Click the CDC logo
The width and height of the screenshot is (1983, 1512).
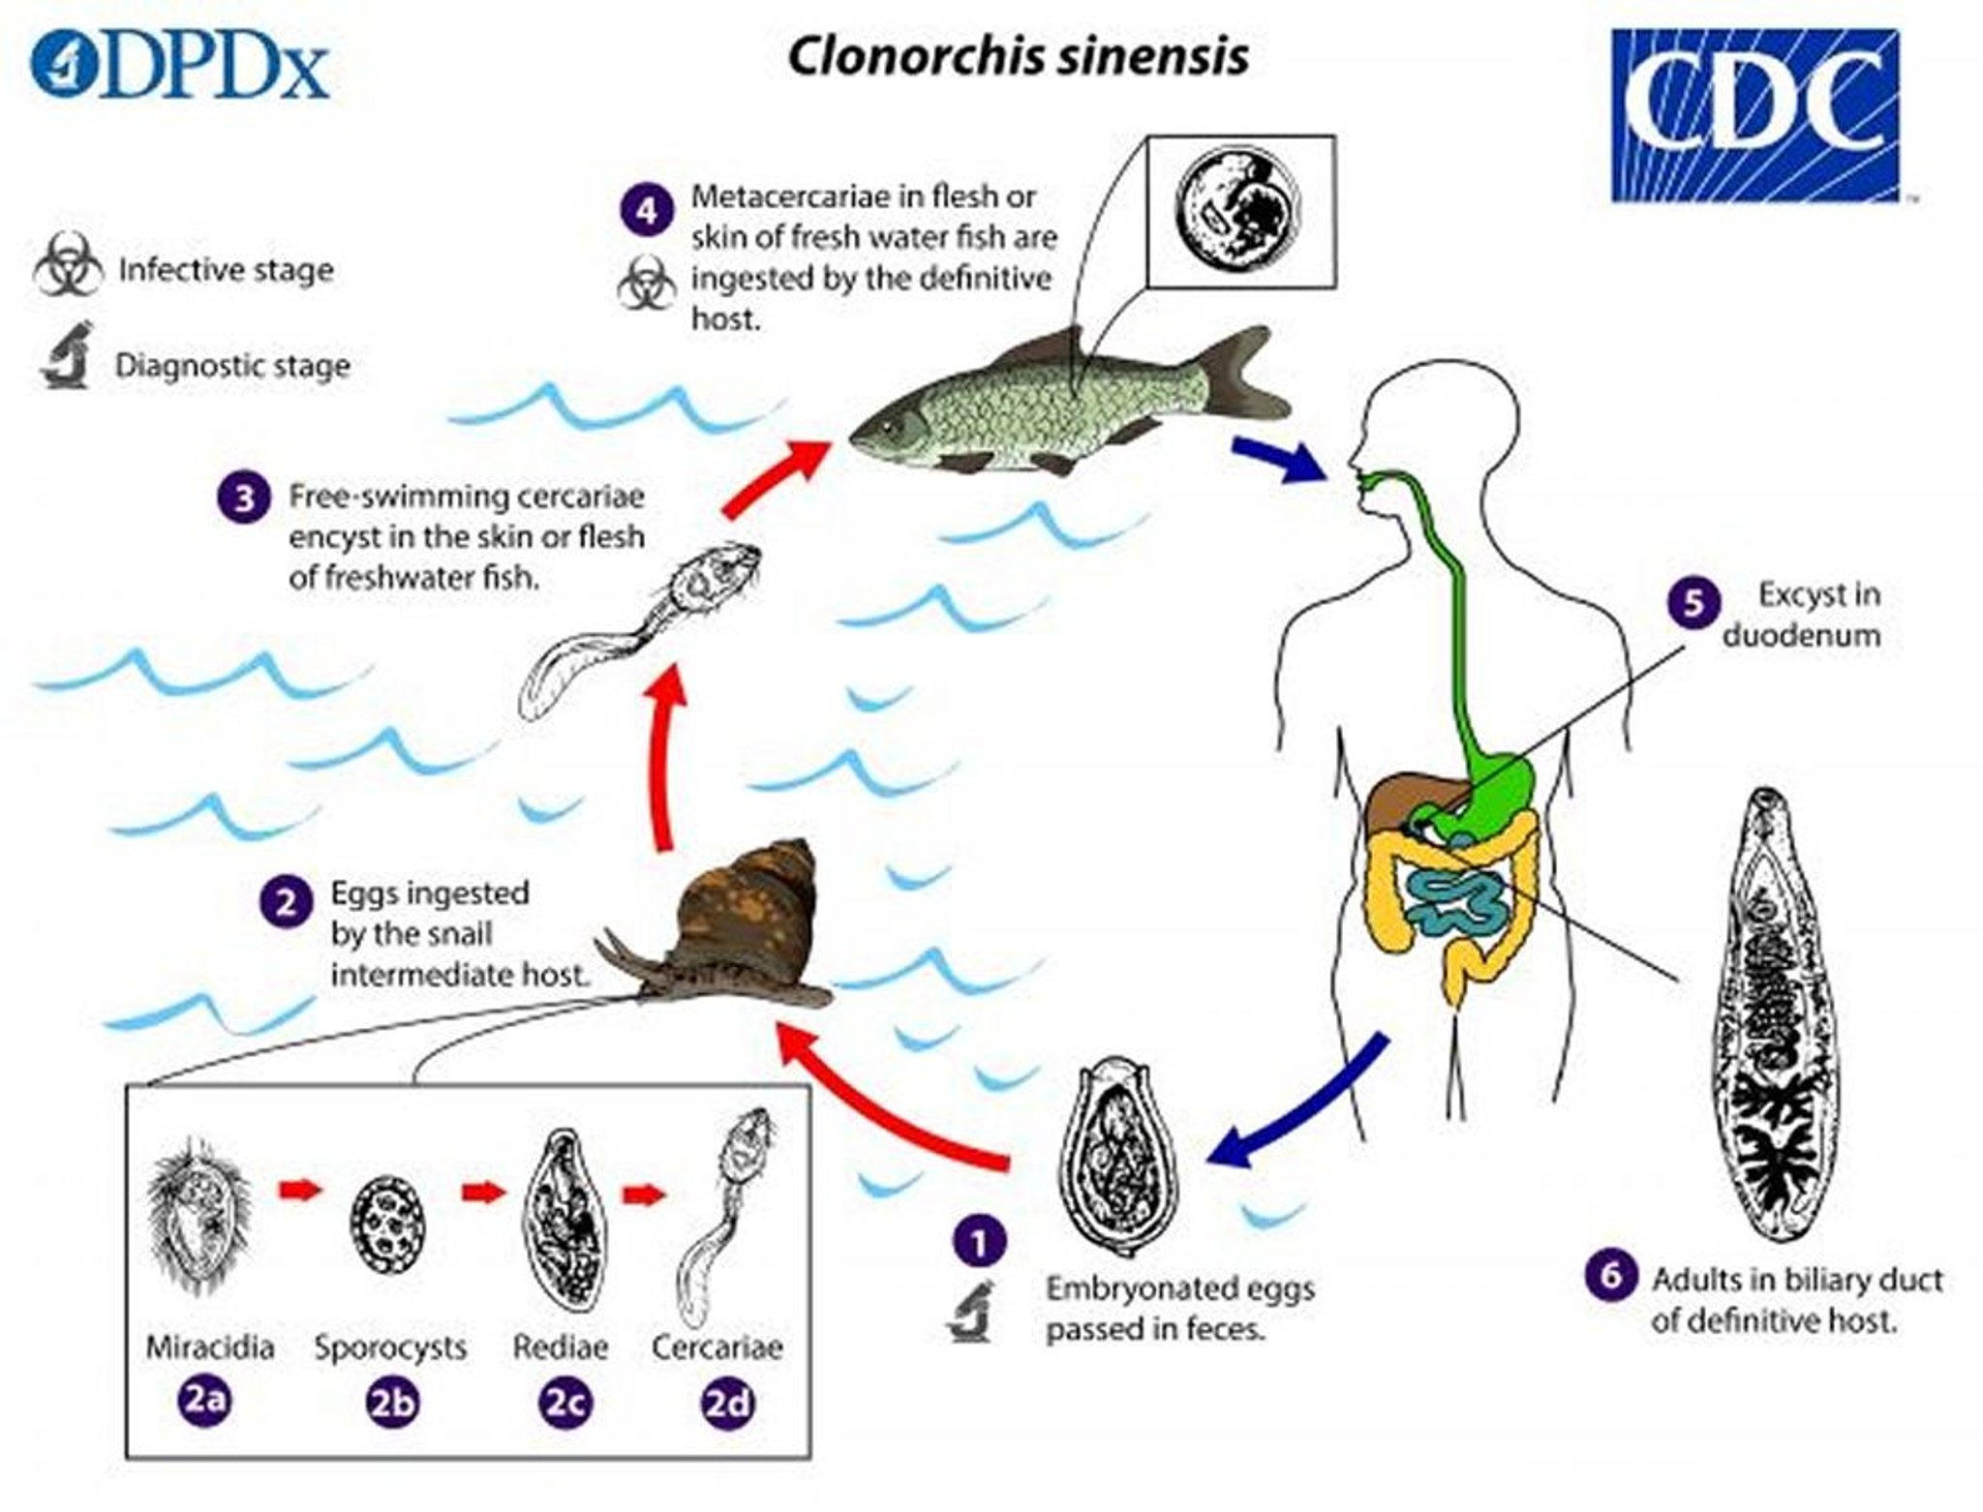pos(1754,115)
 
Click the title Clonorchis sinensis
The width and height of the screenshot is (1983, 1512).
pos(1017,57)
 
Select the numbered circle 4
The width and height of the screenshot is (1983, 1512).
pos(647,210)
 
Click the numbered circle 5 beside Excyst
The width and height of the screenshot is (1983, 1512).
pos(1693,603)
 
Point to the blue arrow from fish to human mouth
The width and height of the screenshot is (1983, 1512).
pos(1278,459)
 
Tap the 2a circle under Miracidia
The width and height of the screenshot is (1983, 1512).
pos(205,1401)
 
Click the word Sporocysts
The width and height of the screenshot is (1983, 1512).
pos(390,1346)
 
